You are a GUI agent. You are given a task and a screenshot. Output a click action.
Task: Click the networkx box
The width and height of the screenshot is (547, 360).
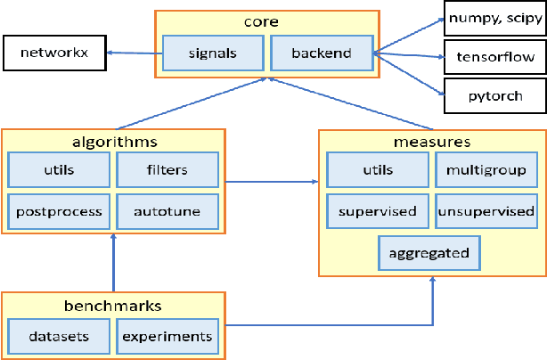(x=53, y=53)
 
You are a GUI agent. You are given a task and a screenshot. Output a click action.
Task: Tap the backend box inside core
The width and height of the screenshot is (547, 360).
(x=322, y=53)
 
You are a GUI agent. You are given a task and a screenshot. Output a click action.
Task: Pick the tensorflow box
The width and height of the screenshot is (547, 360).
(x=494, y=58)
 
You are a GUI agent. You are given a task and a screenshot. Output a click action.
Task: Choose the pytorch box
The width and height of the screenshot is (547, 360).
(x=494, y=95)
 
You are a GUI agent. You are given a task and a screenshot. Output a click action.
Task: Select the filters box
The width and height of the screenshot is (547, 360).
(x=167, y=168)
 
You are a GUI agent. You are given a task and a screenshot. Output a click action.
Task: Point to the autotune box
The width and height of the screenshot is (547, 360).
(x=167, y=212)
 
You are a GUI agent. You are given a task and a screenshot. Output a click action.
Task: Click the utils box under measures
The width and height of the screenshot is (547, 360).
(x=377, y=168)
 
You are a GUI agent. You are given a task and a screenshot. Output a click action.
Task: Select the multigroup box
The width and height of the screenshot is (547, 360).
(x=486, y=168)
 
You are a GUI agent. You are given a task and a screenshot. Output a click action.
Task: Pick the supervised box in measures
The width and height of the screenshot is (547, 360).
(x=377, y=212)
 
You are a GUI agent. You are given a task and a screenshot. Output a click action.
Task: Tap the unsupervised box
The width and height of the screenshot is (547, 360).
(x=486, y=212)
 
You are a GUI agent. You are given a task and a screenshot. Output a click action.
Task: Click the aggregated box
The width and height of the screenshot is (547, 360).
(x=429, y=252)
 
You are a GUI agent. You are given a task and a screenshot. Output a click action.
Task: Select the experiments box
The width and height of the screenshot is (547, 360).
(x=167, y=336)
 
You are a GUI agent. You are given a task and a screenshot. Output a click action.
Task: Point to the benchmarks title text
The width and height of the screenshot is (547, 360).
(x=113, y=305)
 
